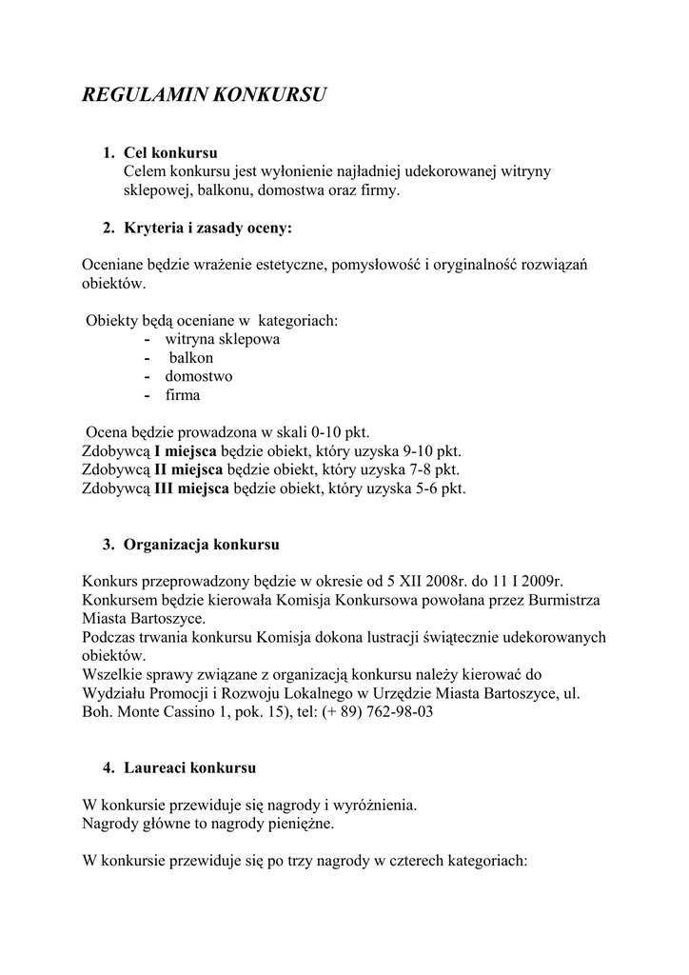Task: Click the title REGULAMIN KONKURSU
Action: [x=205, y=95]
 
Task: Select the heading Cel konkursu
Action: [x=171, y=153]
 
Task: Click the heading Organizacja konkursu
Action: [x=201, y=546]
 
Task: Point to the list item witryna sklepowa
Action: [x=223, y=339]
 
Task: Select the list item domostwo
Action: [x=198, y=376]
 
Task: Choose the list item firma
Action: [x=183, y=395]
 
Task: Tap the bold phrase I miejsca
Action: [x=186, y=451]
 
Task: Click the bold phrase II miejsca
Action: [x=188, y=469]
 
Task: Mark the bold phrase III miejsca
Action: [x=191, y=488]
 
